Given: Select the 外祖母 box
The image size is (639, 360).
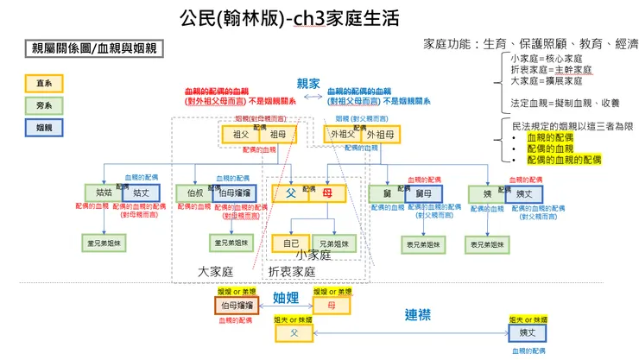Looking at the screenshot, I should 377,135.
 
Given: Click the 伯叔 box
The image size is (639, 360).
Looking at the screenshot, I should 194,193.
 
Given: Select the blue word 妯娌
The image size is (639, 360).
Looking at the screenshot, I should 286,298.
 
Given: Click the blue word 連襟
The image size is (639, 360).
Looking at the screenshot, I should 419,313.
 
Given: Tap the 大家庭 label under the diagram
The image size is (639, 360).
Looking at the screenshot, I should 216,271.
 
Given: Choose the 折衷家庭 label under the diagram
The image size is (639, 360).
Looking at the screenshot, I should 291,271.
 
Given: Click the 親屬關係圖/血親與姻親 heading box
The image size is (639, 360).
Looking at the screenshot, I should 91,48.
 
